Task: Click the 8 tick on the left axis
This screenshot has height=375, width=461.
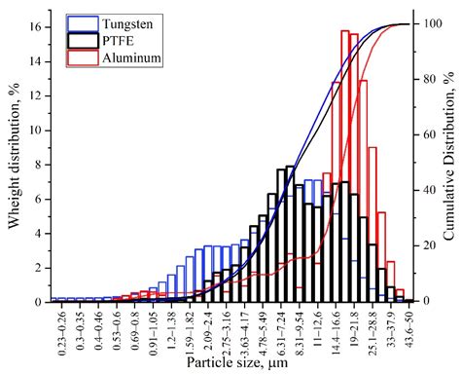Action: click(x=40, y=163)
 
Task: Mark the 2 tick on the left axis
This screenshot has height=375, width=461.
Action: click(x=40, y=267)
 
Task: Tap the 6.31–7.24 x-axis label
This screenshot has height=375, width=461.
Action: click(x=280, y=330)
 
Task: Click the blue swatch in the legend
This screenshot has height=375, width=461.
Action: click(x=84, y=19)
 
